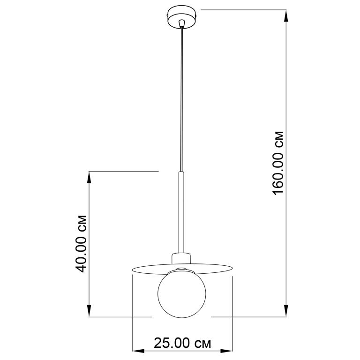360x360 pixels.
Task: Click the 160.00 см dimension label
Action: [x=278, y=163]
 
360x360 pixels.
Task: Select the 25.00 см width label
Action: [x=182, y=343]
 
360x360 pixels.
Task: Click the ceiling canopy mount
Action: [x=182, y=18]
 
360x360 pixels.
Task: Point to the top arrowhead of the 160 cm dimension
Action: [x=286, y=16]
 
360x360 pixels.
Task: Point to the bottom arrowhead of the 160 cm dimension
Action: [x=286, y=311]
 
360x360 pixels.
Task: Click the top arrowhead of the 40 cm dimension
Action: [x=90, y=177]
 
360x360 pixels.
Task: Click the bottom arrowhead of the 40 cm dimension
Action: [x=90, y=311]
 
